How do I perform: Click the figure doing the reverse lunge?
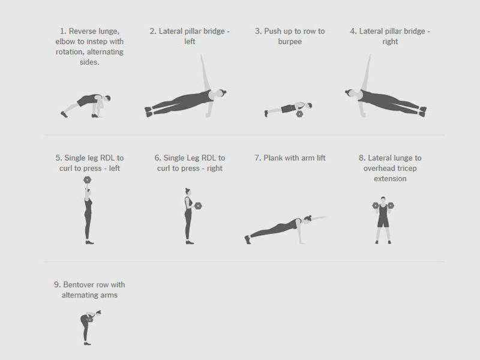[x=86, y=106]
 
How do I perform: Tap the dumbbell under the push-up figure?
[x=299, y=114]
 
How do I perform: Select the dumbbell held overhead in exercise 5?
[x=87, y=179]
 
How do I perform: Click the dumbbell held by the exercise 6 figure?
[x=198, y=206]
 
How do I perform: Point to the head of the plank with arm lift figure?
[x=308, y=218]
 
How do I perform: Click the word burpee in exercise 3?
[x=290, y=41]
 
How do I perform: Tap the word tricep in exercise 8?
[x=406, y=169]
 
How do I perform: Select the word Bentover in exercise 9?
[x=79, y=284]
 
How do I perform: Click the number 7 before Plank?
[x=257, y=158]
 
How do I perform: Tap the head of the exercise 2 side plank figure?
[x=221, y=93]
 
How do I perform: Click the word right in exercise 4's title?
[x=390, y=41]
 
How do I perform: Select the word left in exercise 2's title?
[x=190, y=41]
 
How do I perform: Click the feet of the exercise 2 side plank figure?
[x=148, y=112]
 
